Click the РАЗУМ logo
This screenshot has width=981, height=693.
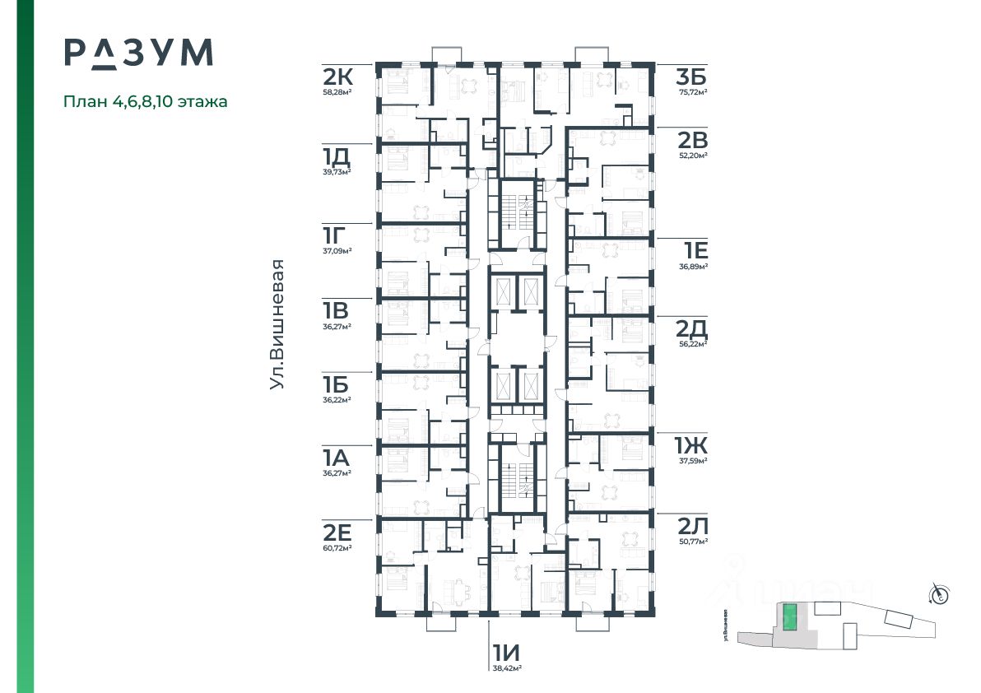tap(139, 52)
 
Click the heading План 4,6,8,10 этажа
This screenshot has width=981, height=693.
tap(146, 102)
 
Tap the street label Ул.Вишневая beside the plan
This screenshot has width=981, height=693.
tap(279, 324)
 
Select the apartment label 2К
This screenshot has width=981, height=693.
tap(338, 78)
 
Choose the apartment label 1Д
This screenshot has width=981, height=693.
tap(337, 156)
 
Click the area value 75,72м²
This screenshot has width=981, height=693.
tap(692, 92)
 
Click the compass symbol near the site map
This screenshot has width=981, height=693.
tap(939, 593)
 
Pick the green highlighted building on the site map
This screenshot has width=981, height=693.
tap(789, 617)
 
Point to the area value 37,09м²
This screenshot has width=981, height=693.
tap(337, 251)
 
